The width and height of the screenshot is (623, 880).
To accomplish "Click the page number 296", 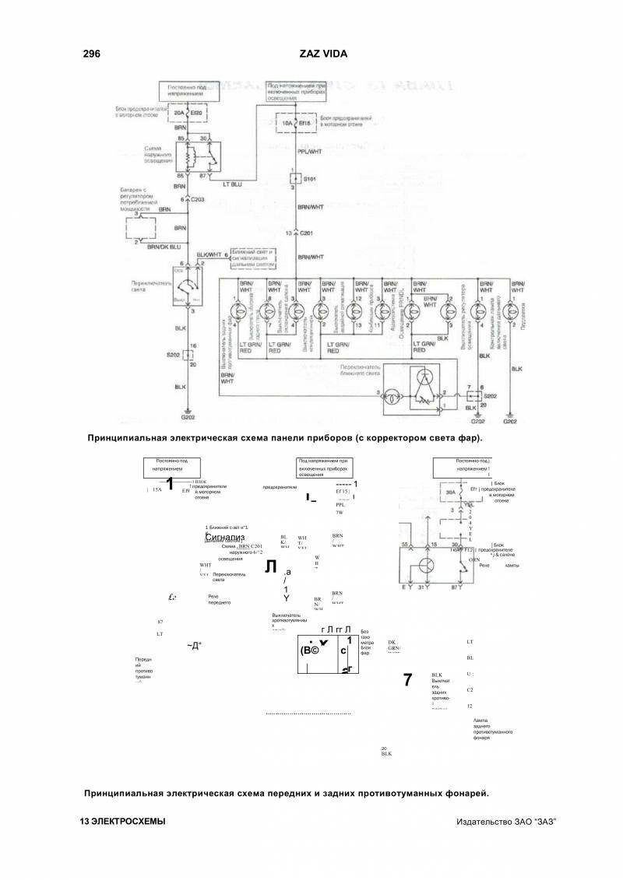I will (x=92, y=54).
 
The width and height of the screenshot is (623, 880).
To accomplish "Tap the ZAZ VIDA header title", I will (x=323, y=54).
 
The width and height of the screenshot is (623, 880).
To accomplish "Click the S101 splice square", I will (x=293, y=178).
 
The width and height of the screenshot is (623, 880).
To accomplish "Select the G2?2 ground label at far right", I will (x=510, y=421).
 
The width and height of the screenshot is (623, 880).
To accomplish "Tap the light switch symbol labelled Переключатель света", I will (x=187, y=288).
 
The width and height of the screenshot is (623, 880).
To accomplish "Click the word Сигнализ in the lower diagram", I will (x=224, y=538).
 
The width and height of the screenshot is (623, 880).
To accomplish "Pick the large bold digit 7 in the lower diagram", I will (x=407, y=679).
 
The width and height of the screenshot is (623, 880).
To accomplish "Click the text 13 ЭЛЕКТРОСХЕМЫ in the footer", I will (x=122, y=822).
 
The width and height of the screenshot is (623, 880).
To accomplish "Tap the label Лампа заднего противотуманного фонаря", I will (x=491, y=729).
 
